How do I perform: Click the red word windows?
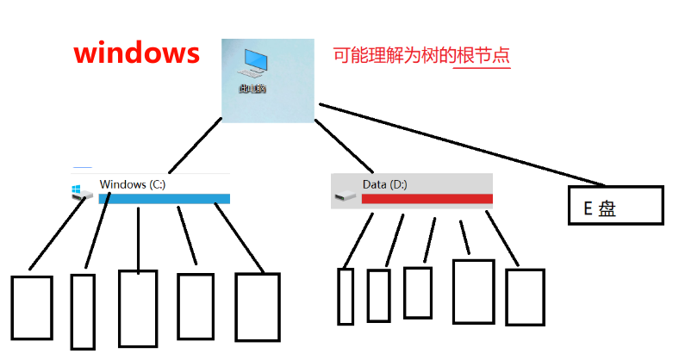(x=137, y=54)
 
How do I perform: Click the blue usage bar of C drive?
(x=165, y=199)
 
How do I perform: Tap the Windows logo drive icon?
(x=80, y=192)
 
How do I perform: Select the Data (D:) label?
(x=384, y=184)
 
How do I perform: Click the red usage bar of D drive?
(x=427, y=199)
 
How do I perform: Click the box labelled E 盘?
(x=615, y=205)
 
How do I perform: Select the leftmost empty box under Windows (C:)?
(x=31, y=307)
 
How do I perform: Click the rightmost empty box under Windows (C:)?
(x=258, y=306)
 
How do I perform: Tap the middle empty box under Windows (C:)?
(x=138, y=307)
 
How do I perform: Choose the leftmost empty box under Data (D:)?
(x=346, y=296)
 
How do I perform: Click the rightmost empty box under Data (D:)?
(x=525, y=297)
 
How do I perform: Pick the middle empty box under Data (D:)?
(x=418, y=293)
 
